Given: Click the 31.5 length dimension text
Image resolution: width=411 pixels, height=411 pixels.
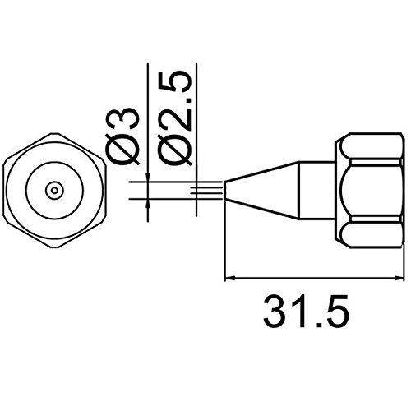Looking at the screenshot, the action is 307,312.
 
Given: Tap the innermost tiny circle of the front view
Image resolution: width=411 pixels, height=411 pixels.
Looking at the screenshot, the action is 55,190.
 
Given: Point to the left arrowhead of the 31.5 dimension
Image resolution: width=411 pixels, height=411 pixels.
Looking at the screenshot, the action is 230,278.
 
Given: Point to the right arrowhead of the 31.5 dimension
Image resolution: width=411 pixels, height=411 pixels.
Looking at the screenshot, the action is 399,278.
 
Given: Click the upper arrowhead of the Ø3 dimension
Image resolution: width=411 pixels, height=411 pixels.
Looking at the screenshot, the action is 148,177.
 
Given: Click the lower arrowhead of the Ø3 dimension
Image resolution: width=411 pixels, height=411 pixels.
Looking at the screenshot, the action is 148,203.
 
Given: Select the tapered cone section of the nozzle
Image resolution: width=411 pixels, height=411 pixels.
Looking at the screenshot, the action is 261,191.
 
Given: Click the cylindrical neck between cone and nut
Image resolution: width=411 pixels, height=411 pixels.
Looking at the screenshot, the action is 316,191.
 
